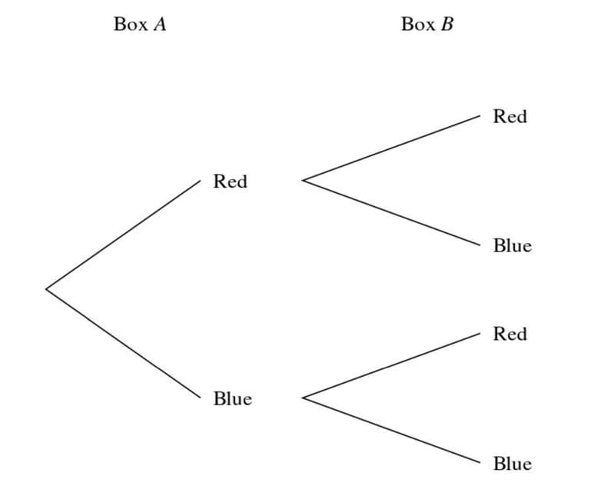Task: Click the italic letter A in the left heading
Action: (159, 25)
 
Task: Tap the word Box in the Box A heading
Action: (130, 25)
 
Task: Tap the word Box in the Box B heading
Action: (417, 25)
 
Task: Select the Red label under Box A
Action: (230, 182)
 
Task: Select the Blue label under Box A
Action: (232, 399)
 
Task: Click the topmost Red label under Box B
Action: (510, 117)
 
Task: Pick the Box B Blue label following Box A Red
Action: (512, 246)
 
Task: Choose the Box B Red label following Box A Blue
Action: (510, 335)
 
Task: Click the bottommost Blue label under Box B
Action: (512, 464)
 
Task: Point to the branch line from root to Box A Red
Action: (123, 235)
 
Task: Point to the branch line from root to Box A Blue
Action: (123, 344)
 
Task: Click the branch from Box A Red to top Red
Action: (391, 148)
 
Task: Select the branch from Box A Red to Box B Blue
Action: (391, 213)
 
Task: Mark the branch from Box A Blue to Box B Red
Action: (391, 366)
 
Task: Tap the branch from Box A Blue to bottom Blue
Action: (391, 431)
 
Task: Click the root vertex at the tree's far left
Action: (46, 289)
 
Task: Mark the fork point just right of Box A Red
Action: (303, 181)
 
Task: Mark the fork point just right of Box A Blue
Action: (303, 398)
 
